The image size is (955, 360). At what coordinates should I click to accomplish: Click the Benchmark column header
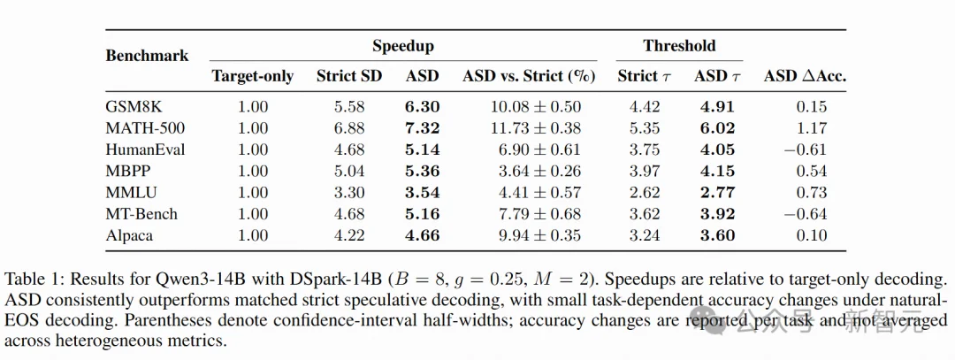tap(147, 56)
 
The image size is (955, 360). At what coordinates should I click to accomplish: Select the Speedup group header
tap(403, 46)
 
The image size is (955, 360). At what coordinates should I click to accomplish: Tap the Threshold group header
tap(679, 46)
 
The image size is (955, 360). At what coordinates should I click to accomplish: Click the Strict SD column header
tap(349, 76)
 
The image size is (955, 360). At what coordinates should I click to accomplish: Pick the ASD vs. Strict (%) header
tap(529, 76)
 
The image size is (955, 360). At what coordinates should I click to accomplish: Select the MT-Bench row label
tap(141, 214)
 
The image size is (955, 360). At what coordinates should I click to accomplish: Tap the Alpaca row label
tap(128, 235)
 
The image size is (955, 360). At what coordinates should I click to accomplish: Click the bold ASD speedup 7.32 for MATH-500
tap(422, 128)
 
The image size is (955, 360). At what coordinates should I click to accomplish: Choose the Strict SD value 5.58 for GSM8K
tap(349, 107)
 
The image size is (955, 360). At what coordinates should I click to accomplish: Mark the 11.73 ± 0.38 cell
tap(536, 128)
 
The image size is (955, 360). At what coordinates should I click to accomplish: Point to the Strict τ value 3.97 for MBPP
tap(645, 172)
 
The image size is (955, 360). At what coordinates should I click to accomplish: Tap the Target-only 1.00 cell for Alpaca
tap(253, 235)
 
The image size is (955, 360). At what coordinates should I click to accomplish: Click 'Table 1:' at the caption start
tap(30, 280)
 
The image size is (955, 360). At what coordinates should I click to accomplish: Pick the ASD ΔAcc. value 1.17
tap(812, 128)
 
